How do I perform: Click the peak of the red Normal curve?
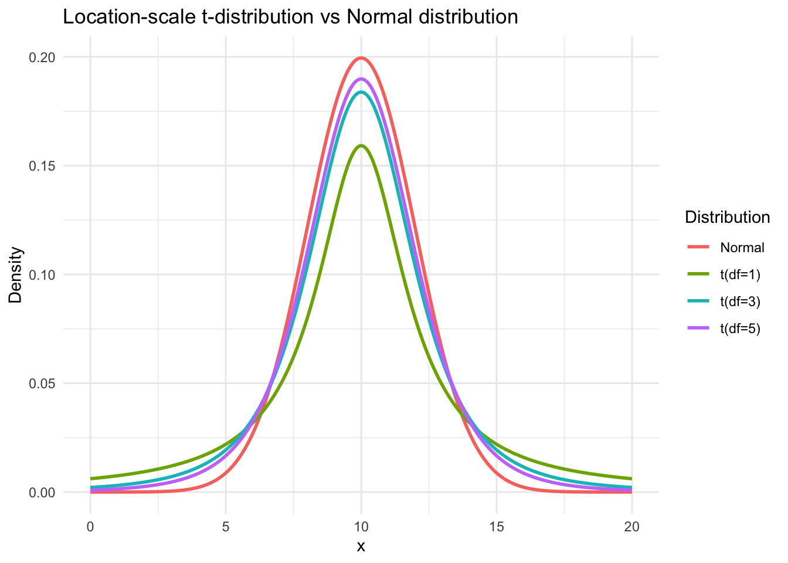(x=361, y=57)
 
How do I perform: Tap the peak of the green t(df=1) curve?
(x=361, y=145)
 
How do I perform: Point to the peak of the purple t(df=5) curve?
(x=361, y=79)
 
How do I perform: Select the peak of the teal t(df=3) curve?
(x=361, y=92)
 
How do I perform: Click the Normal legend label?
(x=742, y=247)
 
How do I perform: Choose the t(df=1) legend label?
(x=740, y=274)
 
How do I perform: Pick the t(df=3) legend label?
(x=740, y=301)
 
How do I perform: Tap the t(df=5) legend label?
(x=740, y=328)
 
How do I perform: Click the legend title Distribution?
(x=727, y=218)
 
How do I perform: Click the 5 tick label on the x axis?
(x=226, y=527)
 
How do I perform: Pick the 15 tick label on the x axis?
(x=497, y=527)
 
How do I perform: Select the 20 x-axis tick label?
(x=632, y=527)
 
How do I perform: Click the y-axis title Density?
(x=16, y=274)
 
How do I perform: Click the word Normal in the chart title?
(x=378, y=17)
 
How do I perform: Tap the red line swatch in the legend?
(x=699, y=247)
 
